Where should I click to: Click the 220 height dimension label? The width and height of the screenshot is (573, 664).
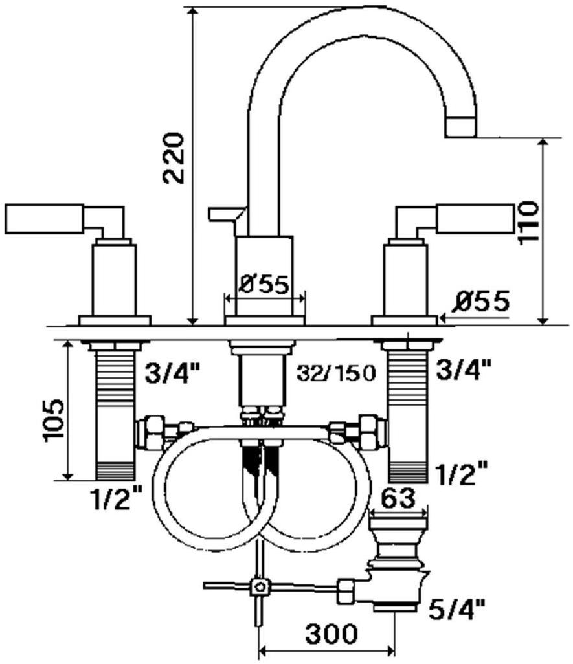174,158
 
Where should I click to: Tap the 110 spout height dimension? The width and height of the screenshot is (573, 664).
528,223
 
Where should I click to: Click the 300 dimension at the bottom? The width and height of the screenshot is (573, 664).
322,633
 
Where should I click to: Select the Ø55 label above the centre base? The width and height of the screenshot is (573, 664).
264,285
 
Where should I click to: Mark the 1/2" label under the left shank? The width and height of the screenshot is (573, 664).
117,498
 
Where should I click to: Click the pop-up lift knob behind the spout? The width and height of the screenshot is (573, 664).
223,214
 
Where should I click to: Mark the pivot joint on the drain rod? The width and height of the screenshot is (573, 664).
260,586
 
